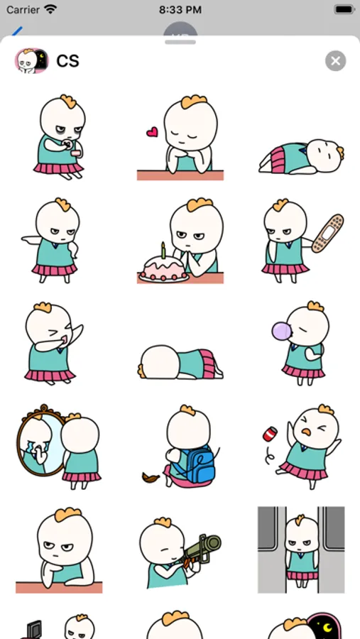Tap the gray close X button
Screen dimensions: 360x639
tap(336, 61)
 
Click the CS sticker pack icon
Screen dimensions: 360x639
tap(32, 61)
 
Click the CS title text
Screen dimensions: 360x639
tap(67, 61)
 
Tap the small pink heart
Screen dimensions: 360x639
tap(152, 131)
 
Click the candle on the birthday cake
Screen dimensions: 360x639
tap(163, 250)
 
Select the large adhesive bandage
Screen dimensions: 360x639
tap(328, 233)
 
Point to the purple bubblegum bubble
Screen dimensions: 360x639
tap(282, 330)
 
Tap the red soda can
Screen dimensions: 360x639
tap(270, 434)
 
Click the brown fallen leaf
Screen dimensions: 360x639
tap(151, 477)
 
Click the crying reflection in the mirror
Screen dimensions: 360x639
tap(39, 442)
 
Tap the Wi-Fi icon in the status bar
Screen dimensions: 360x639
tap(50, 10)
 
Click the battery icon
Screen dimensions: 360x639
tap(344, 9)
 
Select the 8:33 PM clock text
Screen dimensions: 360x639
tap(180, 10)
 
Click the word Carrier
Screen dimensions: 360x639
tap(23, 10)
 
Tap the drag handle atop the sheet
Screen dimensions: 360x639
tap(180, 42)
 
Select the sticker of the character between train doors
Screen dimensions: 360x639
tap(301, 550)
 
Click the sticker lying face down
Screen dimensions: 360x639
tap(180, 362)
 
